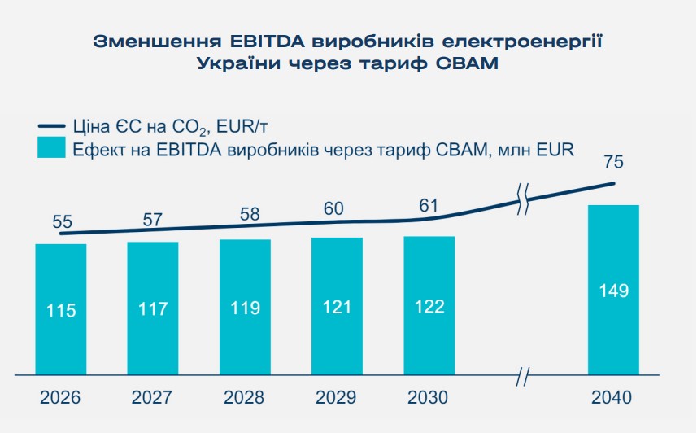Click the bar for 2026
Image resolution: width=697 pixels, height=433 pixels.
tap(61, 309)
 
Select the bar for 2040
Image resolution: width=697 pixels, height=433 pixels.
tap(613, 290)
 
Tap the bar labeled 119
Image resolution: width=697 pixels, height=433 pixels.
tap(245, 308)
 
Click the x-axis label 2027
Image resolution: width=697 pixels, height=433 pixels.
tap(153, 398)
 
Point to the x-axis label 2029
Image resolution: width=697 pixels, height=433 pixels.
tap(337, 398)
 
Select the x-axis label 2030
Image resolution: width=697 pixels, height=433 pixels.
tap(429, 398)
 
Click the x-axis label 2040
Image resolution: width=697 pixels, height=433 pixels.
tap(613, 398)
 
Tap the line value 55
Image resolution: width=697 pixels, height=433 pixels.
tap(63, 221)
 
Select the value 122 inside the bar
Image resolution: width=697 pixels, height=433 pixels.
tap(429, 308)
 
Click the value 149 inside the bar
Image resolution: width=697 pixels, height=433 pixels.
tap(613, 291)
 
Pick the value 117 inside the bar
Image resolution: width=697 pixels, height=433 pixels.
tap(153, 309)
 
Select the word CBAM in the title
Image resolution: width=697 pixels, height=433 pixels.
tap(466, 63)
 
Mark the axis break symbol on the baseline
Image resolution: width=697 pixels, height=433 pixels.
tap(524, 377)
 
